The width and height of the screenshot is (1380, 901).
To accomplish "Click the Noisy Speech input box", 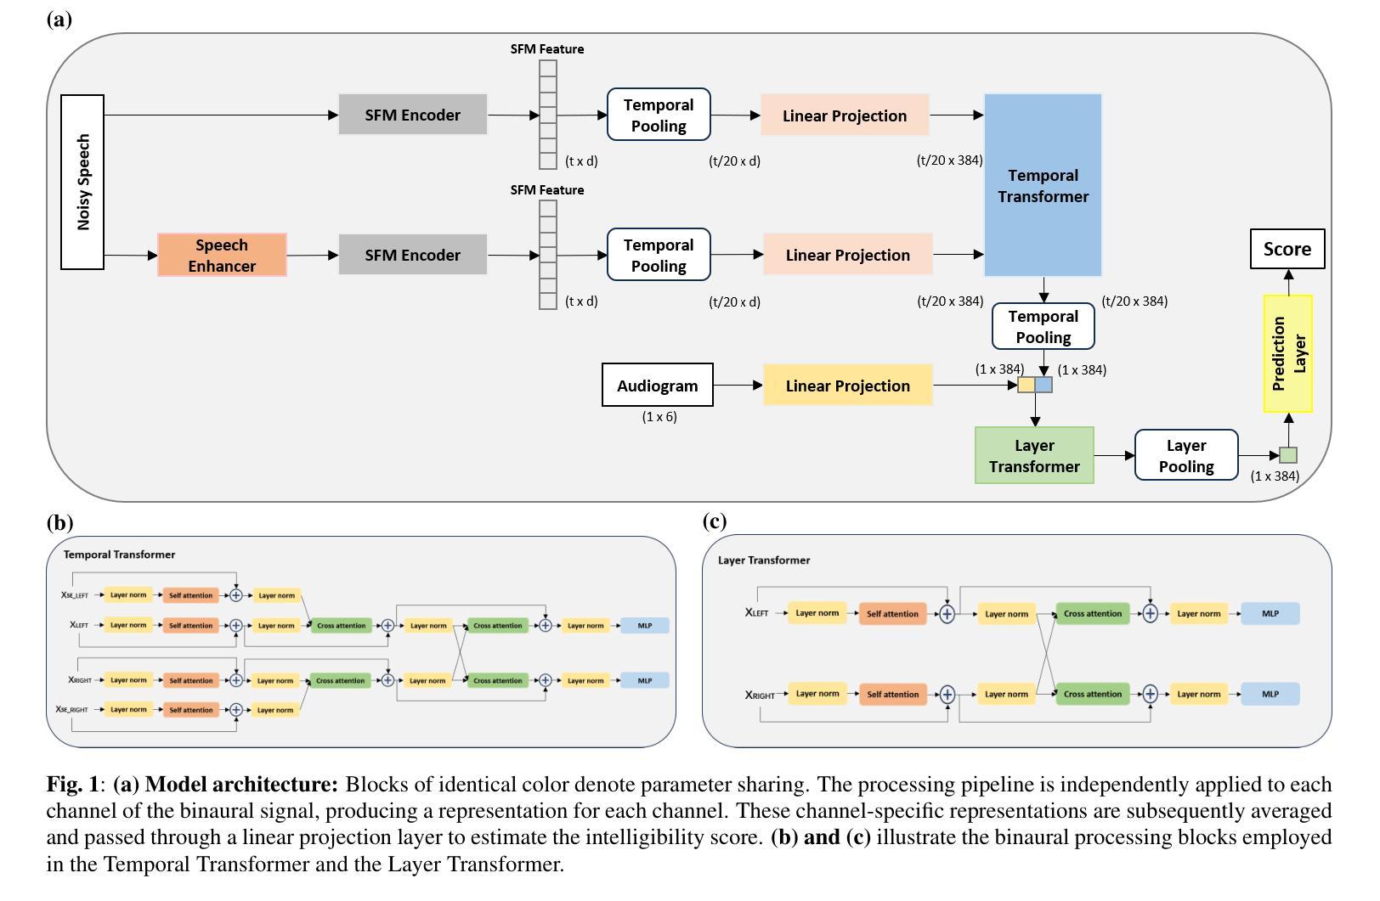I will click(82, 182).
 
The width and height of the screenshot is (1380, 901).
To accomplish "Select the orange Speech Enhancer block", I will click(222, 255).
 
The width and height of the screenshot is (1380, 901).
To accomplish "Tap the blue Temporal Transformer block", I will click(1043, 185).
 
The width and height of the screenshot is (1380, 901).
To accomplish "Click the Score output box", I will click(1287, 249).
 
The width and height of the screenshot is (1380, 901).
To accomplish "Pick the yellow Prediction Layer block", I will click(1287, 353).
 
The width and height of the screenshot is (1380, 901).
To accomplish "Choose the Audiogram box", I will click(657, 386).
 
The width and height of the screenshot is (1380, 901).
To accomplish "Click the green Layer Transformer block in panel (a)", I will click(1033, 455).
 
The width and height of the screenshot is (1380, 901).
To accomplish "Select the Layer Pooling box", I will click(1185, 455).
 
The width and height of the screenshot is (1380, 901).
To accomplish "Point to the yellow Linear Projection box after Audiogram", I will click(847, 386).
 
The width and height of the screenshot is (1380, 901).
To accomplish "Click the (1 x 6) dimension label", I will click(659, 417).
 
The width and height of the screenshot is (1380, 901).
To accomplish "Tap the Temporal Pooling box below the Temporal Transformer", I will click(1043, 327).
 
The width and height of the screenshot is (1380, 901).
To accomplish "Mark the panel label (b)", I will click(59, 522).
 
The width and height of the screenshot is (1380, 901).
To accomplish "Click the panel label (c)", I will click(715, 521).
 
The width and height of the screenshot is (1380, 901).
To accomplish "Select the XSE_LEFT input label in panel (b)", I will click(74, 595).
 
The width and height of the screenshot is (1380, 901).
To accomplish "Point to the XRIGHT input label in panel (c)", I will click(760, 695).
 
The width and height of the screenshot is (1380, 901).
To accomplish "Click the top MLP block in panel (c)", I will click(1270, 613).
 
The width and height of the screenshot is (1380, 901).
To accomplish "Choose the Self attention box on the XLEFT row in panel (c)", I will click(892, 613).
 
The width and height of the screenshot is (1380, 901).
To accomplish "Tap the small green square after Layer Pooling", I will click(1287, 455).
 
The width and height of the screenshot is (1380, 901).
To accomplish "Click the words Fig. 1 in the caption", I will click(72, 784).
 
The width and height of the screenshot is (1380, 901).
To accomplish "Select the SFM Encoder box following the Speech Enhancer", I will click(412, 255).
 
